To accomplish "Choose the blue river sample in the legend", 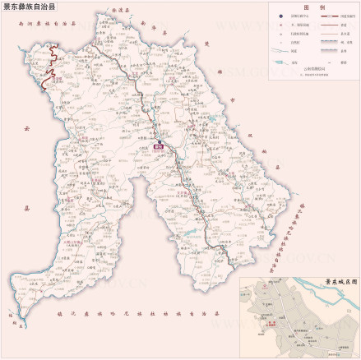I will [x=284, y=62].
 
